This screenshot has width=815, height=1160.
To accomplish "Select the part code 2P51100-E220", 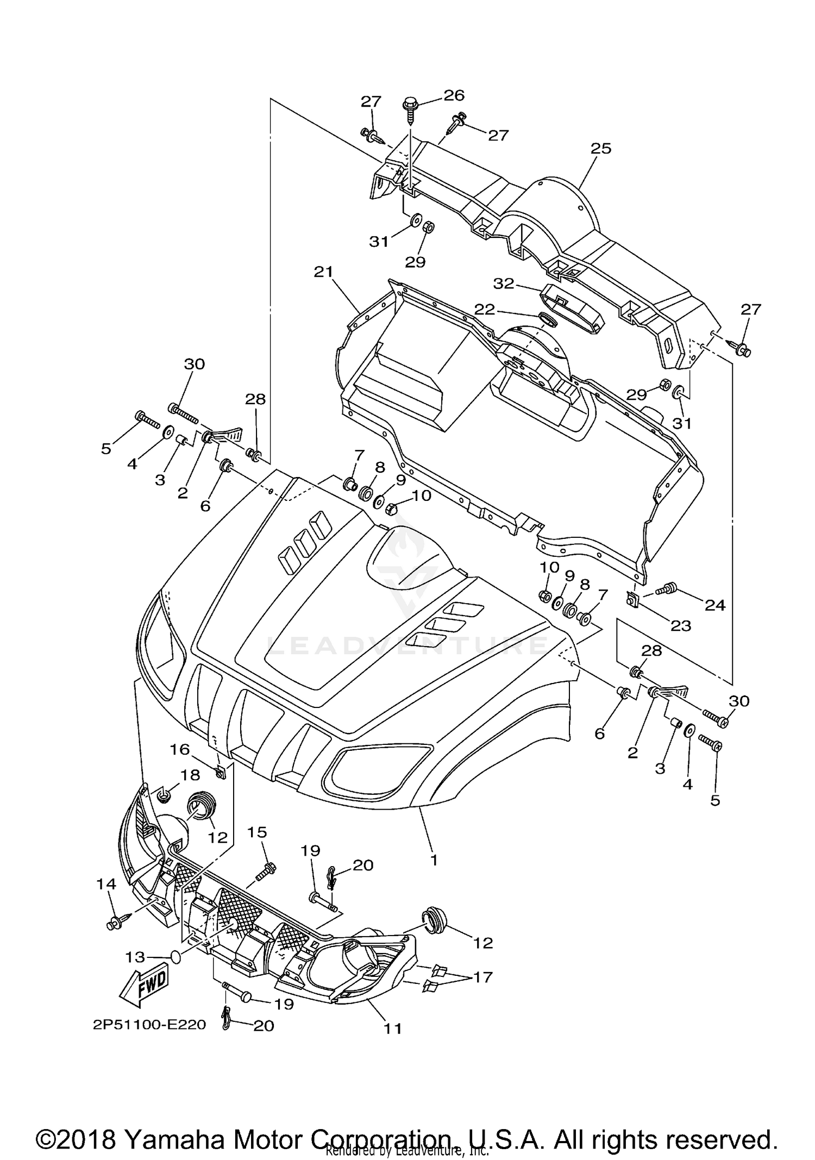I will click(149, 1025).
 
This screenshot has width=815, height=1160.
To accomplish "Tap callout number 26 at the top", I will click(454, 95).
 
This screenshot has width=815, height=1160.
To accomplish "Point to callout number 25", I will click(600, 148).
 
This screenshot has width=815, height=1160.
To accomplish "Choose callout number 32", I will click(504, 283).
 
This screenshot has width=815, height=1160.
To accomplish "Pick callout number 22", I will click(484, 309).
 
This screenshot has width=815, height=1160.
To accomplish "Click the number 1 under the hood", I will click(433, 860).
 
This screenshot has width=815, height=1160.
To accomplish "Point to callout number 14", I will click(106, 884).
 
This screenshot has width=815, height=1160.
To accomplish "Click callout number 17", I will click(483, 977).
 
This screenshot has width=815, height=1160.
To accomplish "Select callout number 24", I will click(715, 604).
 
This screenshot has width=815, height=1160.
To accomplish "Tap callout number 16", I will click(180, 750).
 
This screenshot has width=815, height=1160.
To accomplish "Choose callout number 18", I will click(191, 775).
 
